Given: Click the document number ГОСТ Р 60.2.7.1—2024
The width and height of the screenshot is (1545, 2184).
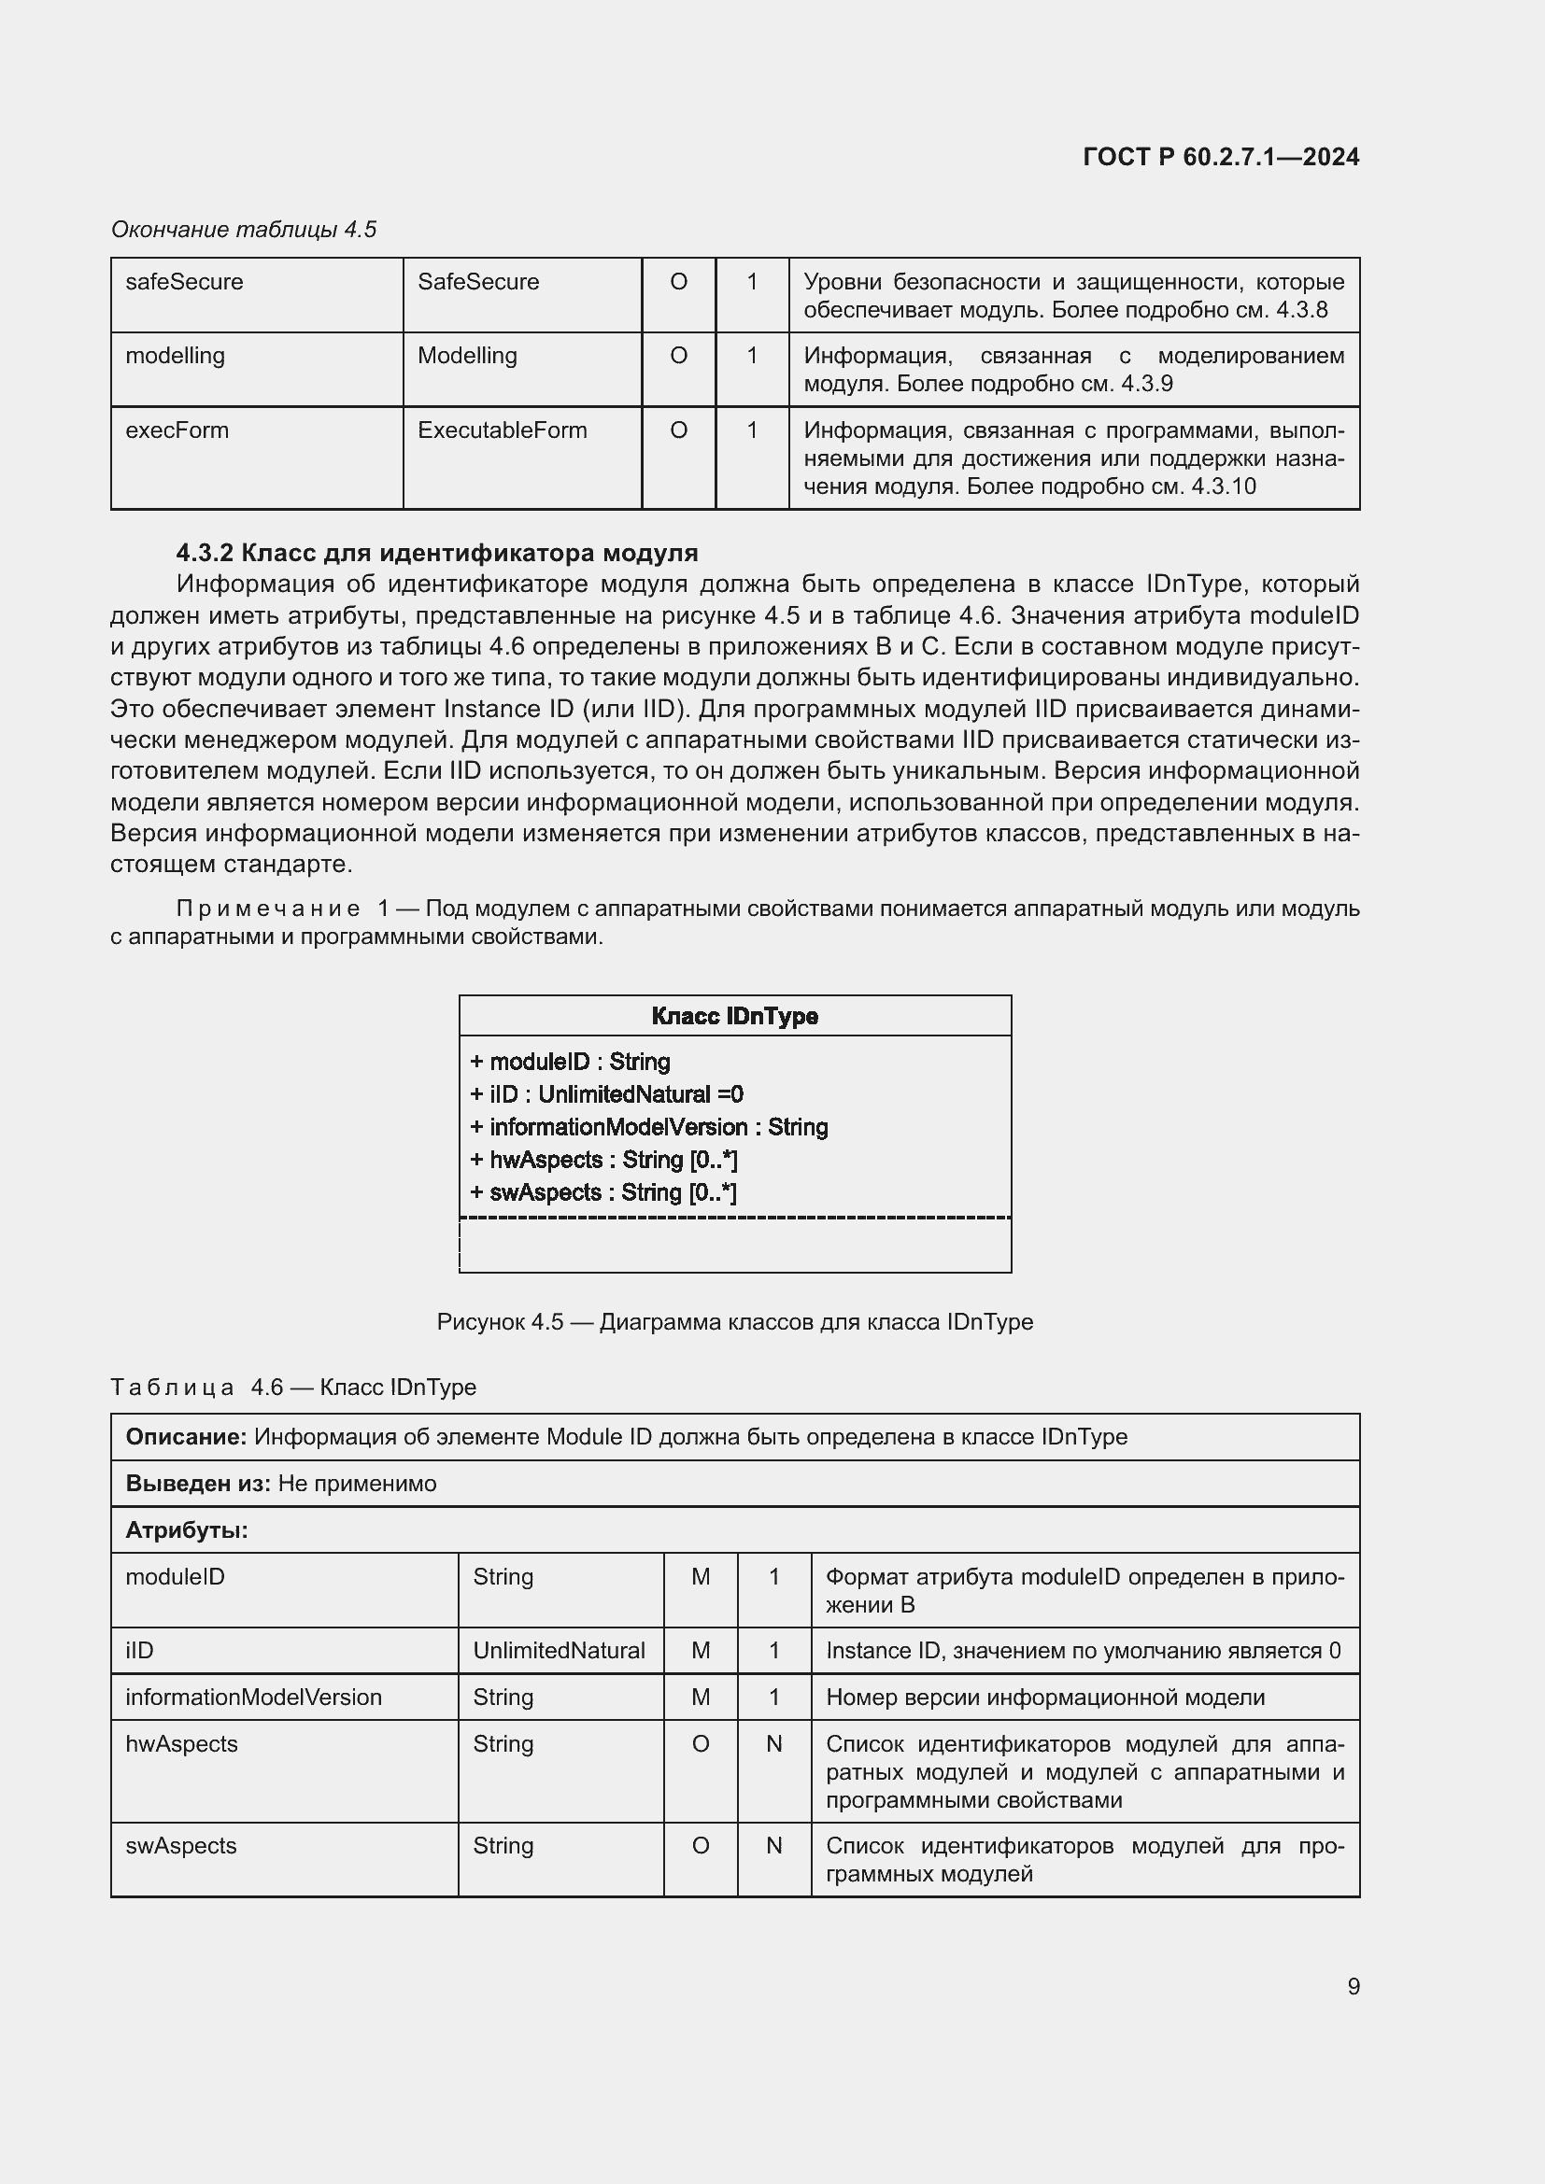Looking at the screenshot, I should pos(1221,157).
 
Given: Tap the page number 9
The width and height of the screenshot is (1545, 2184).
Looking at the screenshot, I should pos(1353,1986).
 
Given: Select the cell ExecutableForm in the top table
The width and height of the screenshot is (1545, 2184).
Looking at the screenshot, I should pos(502,430).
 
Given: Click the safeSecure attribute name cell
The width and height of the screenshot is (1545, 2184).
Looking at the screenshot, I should pos(185,282).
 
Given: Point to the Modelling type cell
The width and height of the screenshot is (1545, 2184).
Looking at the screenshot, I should pos(467,356).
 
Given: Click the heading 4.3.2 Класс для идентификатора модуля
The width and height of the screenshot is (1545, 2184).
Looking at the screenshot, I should pos(436,553).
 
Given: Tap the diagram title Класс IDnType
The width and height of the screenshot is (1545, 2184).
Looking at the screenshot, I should pos(734,1016).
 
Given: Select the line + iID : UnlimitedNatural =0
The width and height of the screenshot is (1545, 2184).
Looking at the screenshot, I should pos(606,1094).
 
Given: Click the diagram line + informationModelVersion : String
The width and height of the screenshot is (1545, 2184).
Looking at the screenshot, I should pos(649,1127).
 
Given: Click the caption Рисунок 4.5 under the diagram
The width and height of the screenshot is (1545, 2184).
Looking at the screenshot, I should pos(733,1322).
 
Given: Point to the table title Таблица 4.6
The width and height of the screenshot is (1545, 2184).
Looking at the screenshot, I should pos(292,1387).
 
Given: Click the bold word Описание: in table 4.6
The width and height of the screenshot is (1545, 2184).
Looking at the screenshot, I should pos(187,1436).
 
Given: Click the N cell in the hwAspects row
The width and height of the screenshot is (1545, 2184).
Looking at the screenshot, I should pos(773,1743).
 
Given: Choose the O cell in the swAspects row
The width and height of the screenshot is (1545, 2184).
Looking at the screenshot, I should pos(701,1845).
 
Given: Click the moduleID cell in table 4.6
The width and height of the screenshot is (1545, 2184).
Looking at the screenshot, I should pos(175,1576).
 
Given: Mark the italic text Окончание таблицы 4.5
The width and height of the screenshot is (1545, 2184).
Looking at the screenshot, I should pos(244,230).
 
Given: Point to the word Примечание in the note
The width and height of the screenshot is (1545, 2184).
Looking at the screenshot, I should pos(268,909).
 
